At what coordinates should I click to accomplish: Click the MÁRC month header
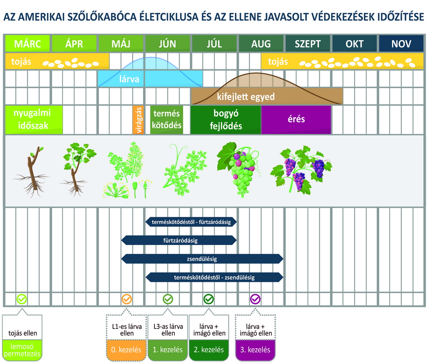tap(28, 43)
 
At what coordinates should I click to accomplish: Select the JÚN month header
tap(168, 43)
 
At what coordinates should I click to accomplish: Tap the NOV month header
tap(401, 43)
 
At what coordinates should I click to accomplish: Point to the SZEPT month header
tap(308, 43)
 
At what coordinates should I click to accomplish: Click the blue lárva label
tap(129, 79)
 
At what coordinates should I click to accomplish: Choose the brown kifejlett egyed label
tap(246, 96)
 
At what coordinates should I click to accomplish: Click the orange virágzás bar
tap(138, 120)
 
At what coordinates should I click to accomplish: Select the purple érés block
tap(296, 120)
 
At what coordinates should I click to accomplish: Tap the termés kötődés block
tap(167, 120)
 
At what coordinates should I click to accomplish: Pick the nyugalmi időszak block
tap(34, 120)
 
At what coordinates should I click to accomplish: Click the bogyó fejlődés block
tap(226, 120)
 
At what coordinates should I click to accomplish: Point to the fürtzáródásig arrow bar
tap(179, 240)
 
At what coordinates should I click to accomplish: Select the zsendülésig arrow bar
tap(202, 259)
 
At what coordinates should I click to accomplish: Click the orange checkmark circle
tap(127, 299)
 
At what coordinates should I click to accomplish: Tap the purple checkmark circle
tap(255, 299)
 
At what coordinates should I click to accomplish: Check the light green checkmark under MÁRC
tap(22, 299)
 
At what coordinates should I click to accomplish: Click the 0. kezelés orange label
tap(126, 350)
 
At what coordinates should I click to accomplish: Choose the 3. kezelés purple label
tap(255, 350)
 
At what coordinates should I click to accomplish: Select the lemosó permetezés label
tap(22, 350)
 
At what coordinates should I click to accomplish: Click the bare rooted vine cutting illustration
tap(32, 172)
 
